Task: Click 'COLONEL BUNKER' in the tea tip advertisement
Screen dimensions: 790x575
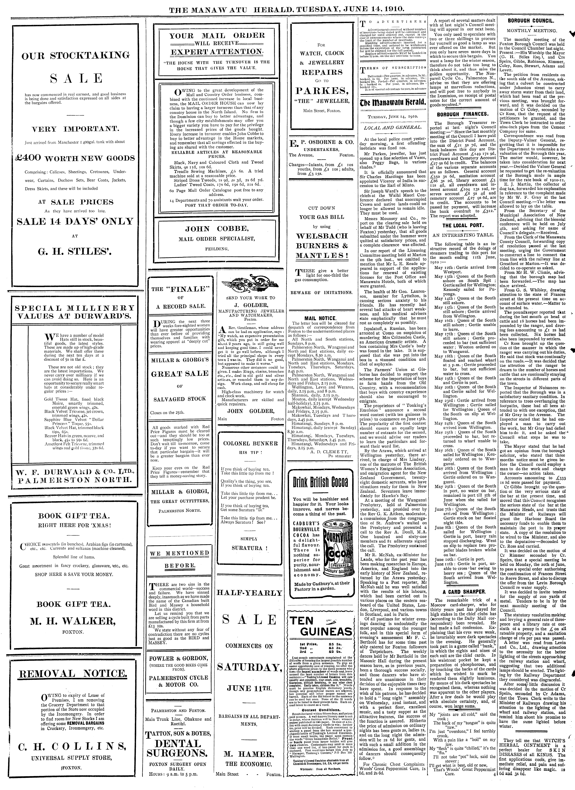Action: (250, 443)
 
